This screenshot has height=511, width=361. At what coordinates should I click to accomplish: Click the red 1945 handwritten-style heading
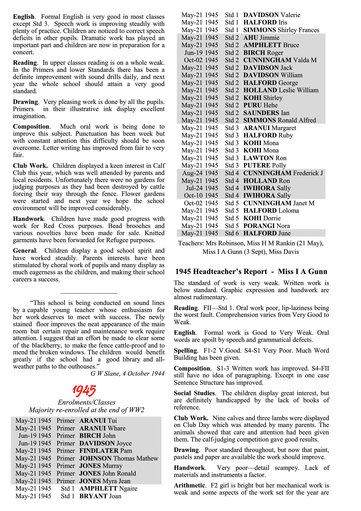[84, 391]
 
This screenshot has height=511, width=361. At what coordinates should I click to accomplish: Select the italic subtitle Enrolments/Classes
[87, 402]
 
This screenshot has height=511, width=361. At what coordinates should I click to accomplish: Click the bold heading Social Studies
[194, 393]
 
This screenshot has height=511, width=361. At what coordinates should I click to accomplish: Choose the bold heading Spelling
[185, 351]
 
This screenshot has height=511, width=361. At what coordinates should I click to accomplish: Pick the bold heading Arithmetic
[189, 485]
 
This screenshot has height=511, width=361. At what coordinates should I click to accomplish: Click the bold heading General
[25, 251]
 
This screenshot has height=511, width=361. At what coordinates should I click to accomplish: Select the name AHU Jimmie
[261, 38]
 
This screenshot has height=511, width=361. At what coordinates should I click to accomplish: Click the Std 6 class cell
[232, 233]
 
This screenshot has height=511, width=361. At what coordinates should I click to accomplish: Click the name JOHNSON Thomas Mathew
[119, 458]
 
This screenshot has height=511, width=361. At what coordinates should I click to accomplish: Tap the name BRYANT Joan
[100, 496]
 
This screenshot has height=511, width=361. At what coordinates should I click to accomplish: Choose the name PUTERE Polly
[265, 166]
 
